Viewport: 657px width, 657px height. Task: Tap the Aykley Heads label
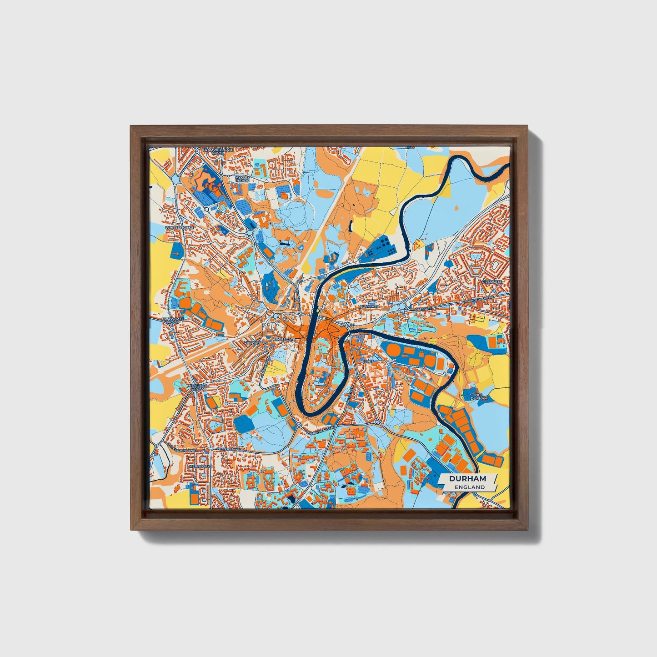pos(242,178)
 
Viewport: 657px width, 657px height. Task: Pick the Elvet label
pos(368,360)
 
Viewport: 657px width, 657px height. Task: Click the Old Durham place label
pos(480,397)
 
